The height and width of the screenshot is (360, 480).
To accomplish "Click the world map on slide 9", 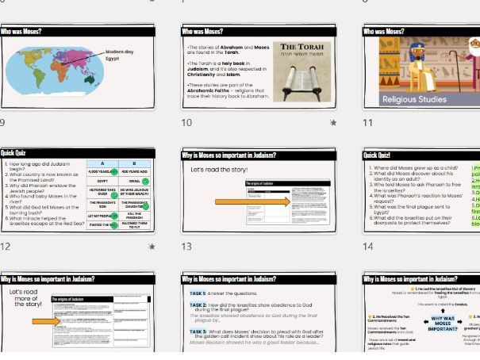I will click(53, 70).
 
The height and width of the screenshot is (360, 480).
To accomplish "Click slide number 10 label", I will click(186, 123).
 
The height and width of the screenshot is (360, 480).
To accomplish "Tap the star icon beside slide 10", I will click(333, 123).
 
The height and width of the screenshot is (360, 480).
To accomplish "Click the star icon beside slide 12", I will click(152, 247).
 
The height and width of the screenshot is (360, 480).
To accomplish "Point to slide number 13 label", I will click(186, 247).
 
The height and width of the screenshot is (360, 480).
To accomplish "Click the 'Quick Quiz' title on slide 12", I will click(14, 153).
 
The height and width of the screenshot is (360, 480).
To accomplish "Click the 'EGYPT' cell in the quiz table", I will click(102, 182).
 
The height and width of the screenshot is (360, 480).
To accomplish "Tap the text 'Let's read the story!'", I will click(219, 170).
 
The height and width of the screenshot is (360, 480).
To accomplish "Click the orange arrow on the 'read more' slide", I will click(45, 321).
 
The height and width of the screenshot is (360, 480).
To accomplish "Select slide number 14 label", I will click(368, 247).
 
